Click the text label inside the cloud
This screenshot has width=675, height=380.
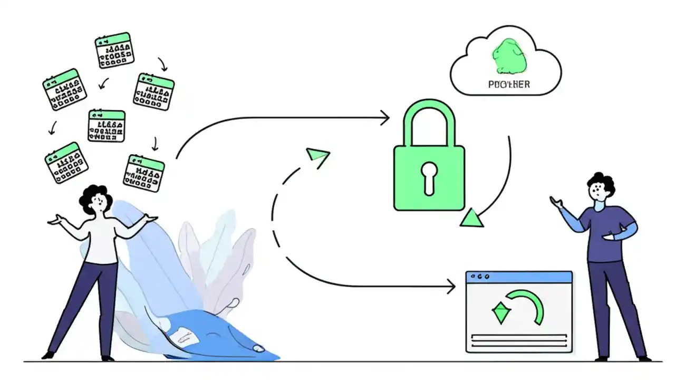pos(509,84)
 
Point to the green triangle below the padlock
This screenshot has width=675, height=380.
pos(471,218)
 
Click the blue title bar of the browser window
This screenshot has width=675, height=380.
pos(519,276)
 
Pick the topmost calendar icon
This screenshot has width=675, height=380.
pos(114,50)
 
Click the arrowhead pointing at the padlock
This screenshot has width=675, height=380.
pos(385,118)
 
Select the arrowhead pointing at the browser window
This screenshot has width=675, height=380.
pos(451,287)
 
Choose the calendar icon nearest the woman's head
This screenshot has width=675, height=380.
pos(143,173)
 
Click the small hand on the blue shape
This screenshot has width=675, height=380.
pos(258,348)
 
